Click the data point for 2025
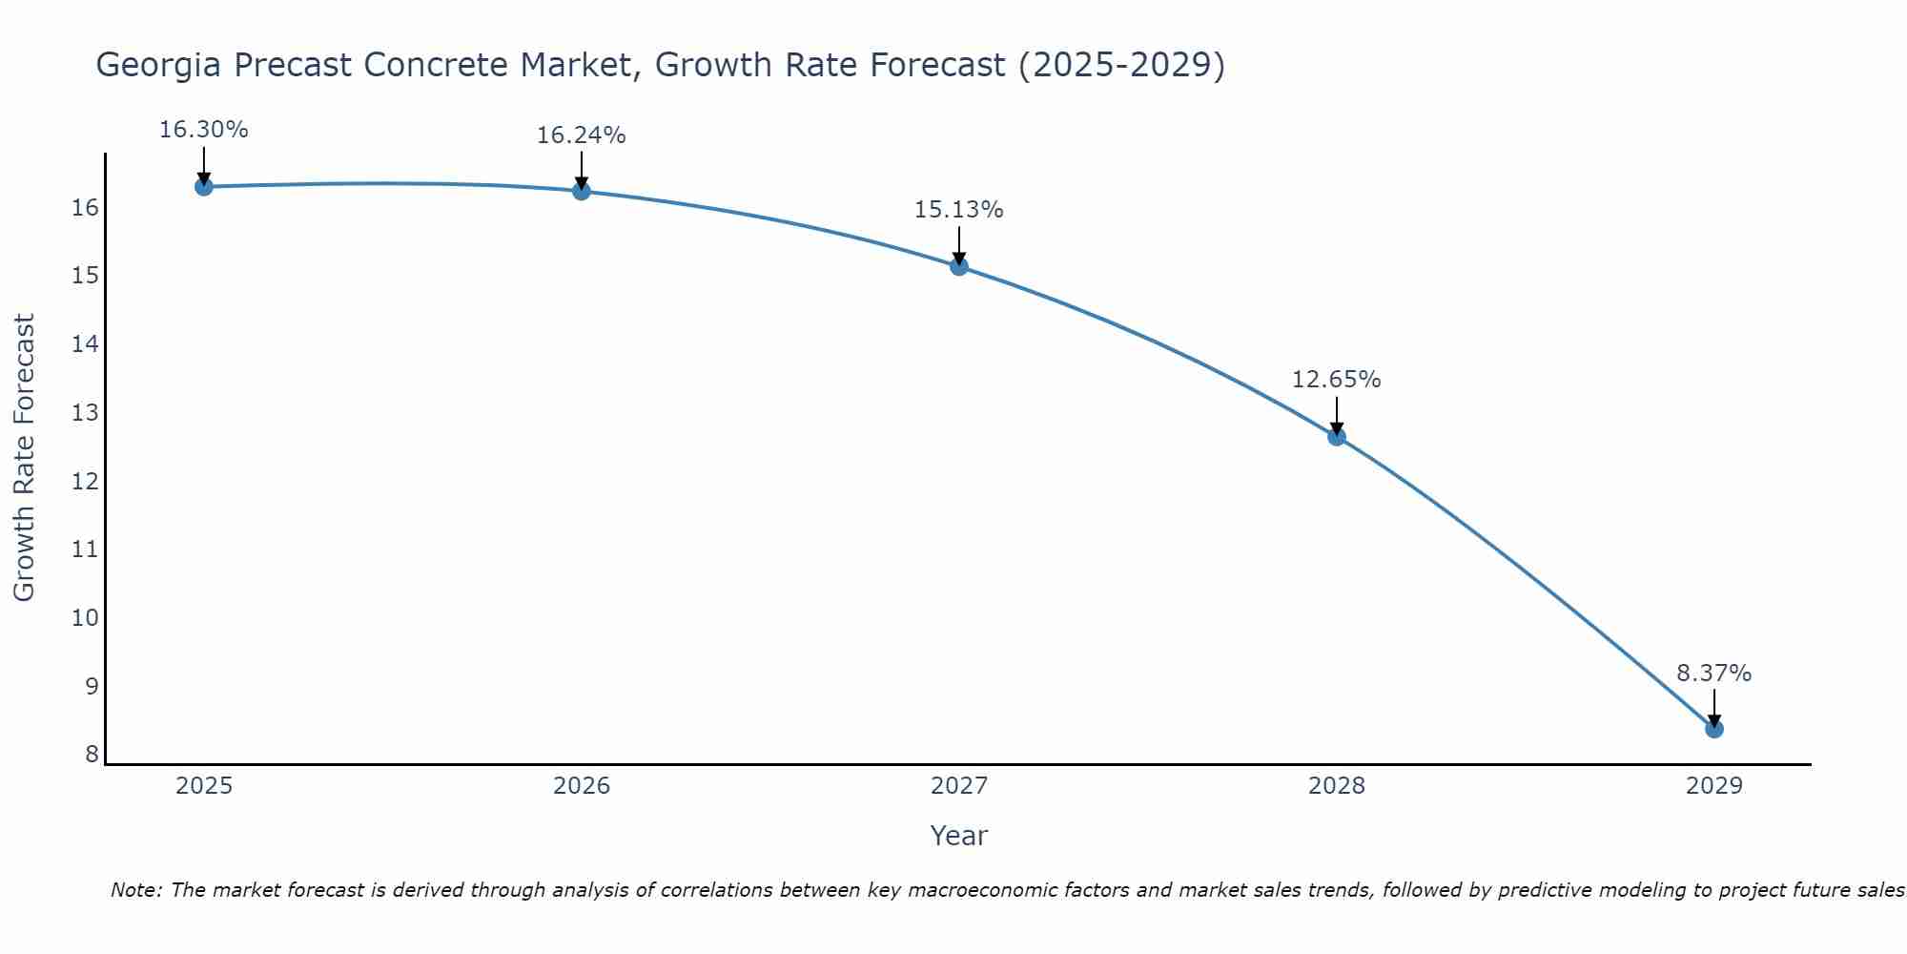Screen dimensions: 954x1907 pyautogui.click(x=203, y=186)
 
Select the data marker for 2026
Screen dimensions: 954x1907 pyautogui.click(x=581, y=191)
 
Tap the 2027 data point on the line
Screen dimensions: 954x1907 pyautogui.click(x=959, y=266)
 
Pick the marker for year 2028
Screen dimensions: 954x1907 pyautogui.click(x=1337, y=437)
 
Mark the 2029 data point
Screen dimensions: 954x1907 pyautogui.click(x=1714, y=729)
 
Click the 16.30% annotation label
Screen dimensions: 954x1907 pyautogui.click(x=203, y=130)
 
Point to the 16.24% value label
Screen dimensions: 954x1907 pyautogui.click(x=581, y=135)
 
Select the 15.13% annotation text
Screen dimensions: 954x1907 pyautogui.click(x=959, y=210)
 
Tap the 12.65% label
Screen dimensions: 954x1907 pyautogui.click(x=1337, y=380)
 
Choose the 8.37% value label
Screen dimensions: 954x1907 pyautogui.click(x=1714, y=674)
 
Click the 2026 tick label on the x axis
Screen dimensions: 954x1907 pyautogui.click(x=582, y=787)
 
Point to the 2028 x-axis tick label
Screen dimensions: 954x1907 pyautogui.click(x=1337, y=787)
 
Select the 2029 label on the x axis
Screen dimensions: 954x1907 pyautogui.click(x=1714, y=787)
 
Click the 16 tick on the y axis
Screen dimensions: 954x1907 pyautogui.click(x=86, y=208)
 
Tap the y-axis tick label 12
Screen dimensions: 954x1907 pyautogui.click(x=86, y=482)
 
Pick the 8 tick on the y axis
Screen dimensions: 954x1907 pyautogui.click(x=92, y=755)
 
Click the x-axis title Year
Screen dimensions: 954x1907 pyautogui.click(x=959, y=837)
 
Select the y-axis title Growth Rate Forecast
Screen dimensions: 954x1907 pyautogui.click(x=24, y=458)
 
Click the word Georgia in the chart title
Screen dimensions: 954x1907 pyautogui.click(x=158, y=66)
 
